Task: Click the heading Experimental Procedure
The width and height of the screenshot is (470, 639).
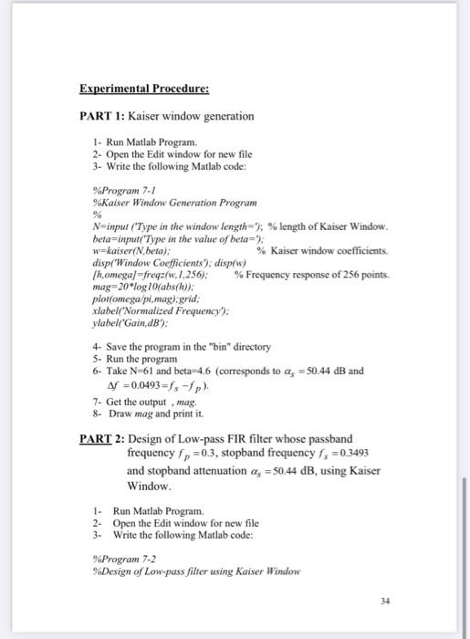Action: click(x=144, y=90)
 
